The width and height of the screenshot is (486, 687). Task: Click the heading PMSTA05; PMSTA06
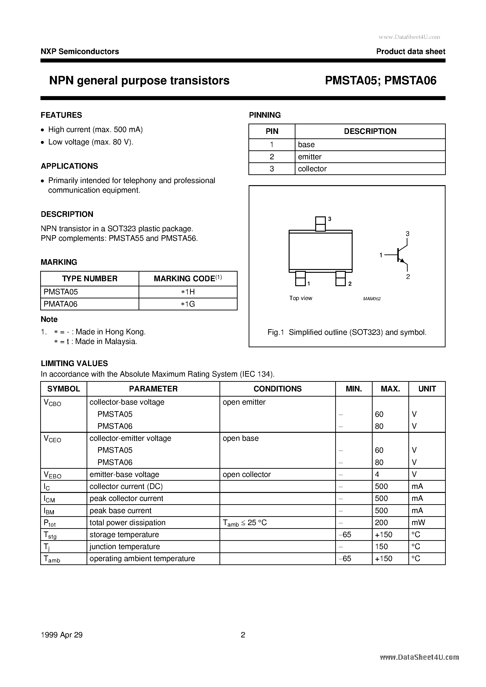(381, 81)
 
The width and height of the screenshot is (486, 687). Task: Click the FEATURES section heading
(61, 115)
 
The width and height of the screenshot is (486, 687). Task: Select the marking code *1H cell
(188, 292)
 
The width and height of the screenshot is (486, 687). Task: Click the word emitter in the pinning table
(310, 157)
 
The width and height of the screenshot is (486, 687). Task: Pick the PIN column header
(272, 131)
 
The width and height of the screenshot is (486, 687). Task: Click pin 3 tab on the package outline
(320, 224)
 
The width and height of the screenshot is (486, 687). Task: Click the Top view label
(301, 298)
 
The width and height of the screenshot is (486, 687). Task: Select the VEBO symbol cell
(52, 475)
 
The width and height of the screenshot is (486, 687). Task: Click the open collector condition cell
(247, 475)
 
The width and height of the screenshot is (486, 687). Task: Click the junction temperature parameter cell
(124, 547)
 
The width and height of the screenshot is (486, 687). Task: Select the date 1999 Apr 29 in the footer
(61, 635)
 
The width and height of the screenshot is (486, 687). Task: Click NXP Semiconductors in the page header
(80, 51)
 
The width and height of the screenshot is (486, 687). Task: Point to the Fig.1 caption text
(347, 332)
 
